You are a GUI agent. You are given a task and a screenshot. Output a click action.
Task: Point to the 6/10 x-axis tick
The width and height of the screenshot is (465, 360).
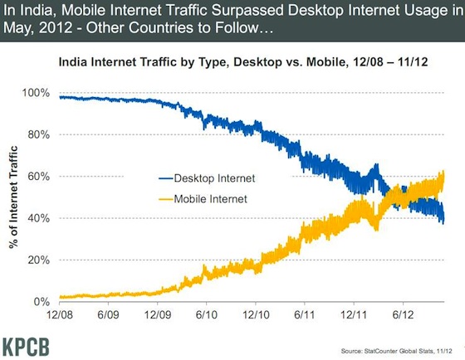click(208, 316)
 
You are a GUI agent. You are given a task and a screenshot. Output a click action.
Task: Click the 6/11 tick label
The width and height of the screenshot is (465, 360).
click(305, 316)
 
